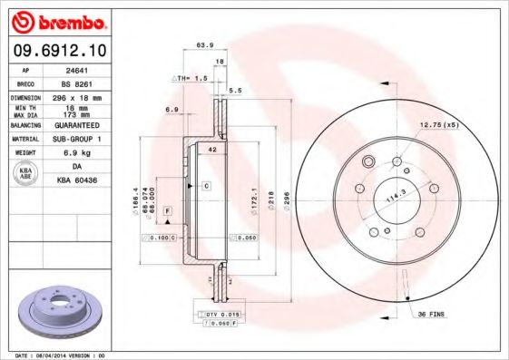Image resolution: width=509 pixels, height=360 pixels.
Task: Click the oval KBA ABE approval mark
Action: coord(25,175)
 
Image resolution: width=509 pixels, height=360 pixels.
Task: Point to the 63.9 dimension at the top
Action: coord(205,44)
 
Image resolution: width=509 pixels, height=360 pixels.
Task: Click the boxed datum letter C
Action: coord(205,185)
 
